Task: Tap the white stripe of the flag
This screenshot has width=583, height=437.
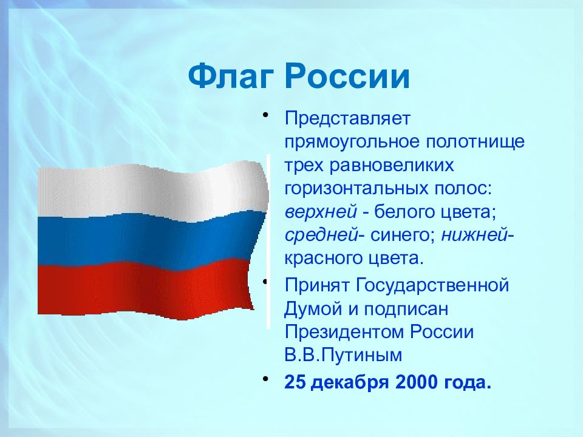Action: [x=152, y=190]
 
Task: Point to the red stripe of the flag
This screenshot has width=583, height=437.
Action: [x=145, y=288]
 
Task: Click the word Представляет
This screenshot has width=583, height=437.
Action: [x=347, y=118]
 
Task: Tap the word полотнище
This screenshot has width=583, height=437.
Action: [x=475, y=142]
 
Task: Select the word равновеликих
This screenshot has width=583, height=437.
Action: [x=392, y=165]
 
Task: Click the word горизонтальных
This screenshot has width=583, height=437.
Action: [x=356, y=188]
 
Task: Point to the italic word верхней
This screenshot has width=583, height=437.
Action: [x=321, y=212]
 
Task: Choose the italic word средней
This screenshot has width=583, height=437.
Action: [x=321, y=235]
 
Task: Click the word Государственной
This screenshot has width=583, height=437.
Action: [x=432, y=285]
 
